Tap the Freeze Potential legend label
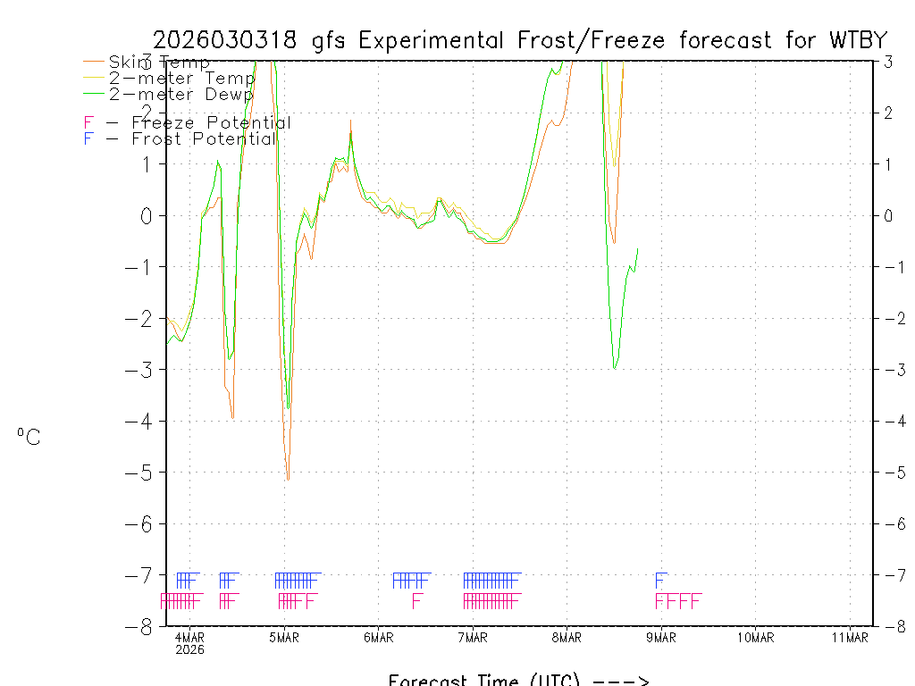point(211,123)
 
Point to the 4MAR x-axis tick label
point(189,637)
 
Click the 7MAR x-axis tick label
point(473,637)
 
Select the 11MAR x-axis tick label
point(850,637)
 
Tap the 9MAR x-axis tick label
point(661,637)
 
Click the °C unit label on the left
point(29,438)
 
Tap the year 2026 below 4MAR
point(189,650)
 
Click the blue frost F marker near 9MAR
point(660,579)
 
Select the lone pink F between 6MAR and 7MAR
point(416,600)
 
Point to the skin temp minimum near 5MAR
point(288,480)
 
